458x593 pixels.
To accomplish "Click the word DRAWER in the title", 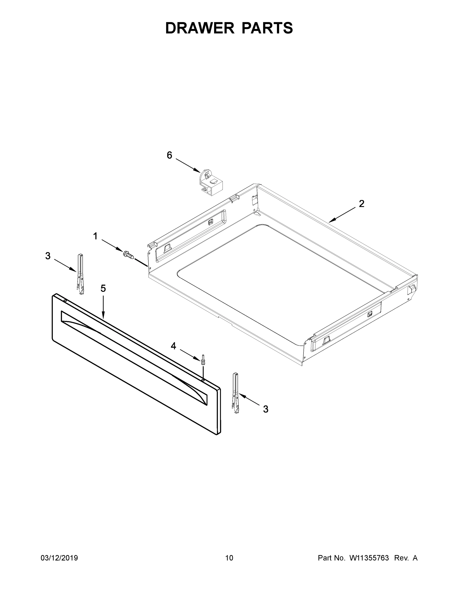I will coord(200,28).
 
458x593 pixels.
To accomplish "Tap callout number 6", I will coord(169,155).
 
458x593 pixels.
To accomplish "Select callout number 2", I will coord(361,204).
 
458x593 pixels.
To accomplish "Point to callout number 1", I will coord(95,236).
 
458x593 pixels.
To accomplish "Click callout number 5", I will coord(103,288).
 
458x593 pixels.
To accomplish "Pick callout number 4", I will coord(173,346).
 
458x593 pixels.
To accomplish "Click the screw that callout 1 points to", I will coord(129,254).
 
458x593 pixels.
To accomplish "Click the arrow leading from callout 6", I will coord(188,165).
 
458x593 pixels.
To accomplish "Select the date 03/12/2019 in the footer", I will coord(59,558).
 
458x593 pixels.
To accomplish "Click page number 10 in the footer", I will coord(229,558).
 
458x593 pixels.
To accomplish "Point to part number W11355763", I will coord(369,558).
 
